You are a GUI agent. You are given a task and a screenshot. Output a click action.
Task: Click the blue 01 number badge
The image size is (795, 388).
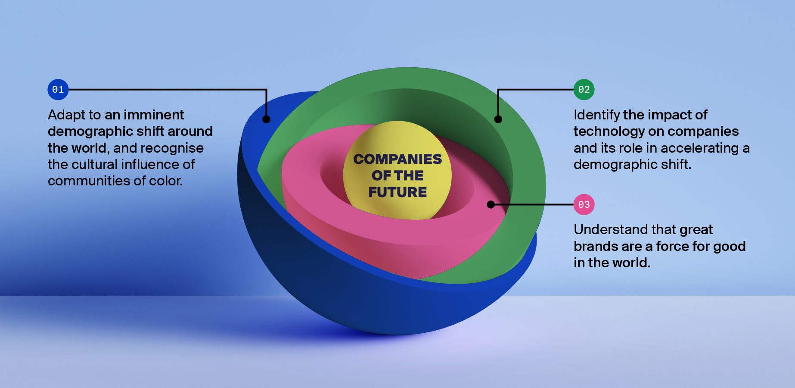[x=58, y=90]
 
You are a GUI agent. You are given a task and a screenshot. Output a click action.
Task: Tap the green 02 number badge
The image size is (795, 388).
[x=584, y=90]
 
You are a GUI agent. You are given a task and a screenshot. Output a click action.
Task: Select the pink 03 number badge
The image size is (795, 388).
[x=584, y=204]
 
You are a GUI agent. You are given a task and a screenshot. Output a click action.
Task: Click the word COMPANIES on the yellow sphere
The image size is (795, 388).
[x=397, y=159]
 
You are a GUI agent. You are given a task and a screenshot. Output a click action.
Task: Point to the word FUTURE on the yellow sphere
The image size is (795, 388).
[x=397, y=192]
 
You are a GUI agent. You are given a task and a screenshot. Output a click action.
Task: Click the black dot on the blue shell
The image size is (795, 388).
[x=266, y=119]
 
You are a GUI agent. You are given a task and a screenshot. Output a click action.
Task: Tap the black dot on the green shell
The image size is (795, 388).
[x=498, y=119]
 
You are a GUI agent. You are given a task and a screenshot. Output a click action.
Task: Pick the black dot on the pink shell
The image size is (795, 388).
[x=491, y=204]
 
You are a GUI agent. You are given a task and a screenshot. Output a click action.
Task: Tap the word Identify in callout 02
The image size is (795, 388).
[x=596, y=115]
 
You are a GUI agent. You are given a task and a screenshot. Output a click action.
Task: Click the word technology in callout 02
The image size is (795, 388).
[x=605, y=131]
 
